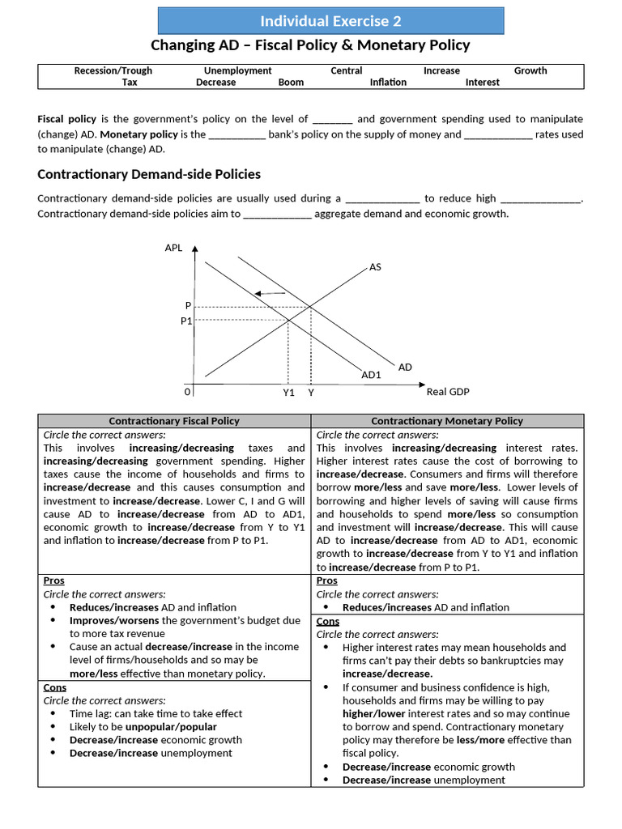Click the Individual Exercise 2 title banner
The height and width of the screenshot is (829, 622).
click(330, 21)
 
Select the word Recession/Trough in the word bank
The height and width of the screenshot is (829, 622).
click(113, 70)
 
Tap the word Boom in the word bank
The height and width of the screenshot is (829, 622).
click(291, 83)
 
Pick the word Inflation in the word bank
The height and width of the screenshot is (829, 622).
click(388, 83)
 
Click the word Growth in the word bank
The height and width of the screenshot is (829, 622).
click(530, 70)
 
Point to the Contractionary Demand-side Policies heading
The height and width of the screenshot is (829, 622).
click(149, 174)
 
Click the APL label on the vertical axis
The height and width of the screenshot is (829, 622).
click(173, 248)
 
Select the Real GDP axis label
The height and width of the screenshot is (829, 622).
click(448, 392)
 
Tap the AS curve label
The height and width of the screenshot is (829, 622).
click(375, 266)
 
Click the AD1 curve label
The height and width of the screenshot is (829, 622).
click(371, 375)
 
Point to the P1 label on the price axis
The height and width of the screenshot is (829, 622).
click(185, 321)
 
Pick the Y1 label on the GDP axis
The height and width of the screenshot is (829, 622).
click(288, 393)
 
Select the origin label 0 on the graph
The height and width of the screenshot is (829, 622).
click(187, 392)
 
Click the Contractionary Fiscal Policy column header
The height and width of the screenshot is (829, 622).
click(174, 421)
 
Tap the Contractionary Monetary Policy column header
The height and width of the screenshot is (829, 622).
click(447, 421)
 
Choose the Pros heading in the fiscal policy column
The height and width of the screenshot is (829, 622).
click(53, 580)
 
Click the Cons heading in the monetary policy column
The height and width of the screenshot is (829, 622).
click(327, 621)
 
